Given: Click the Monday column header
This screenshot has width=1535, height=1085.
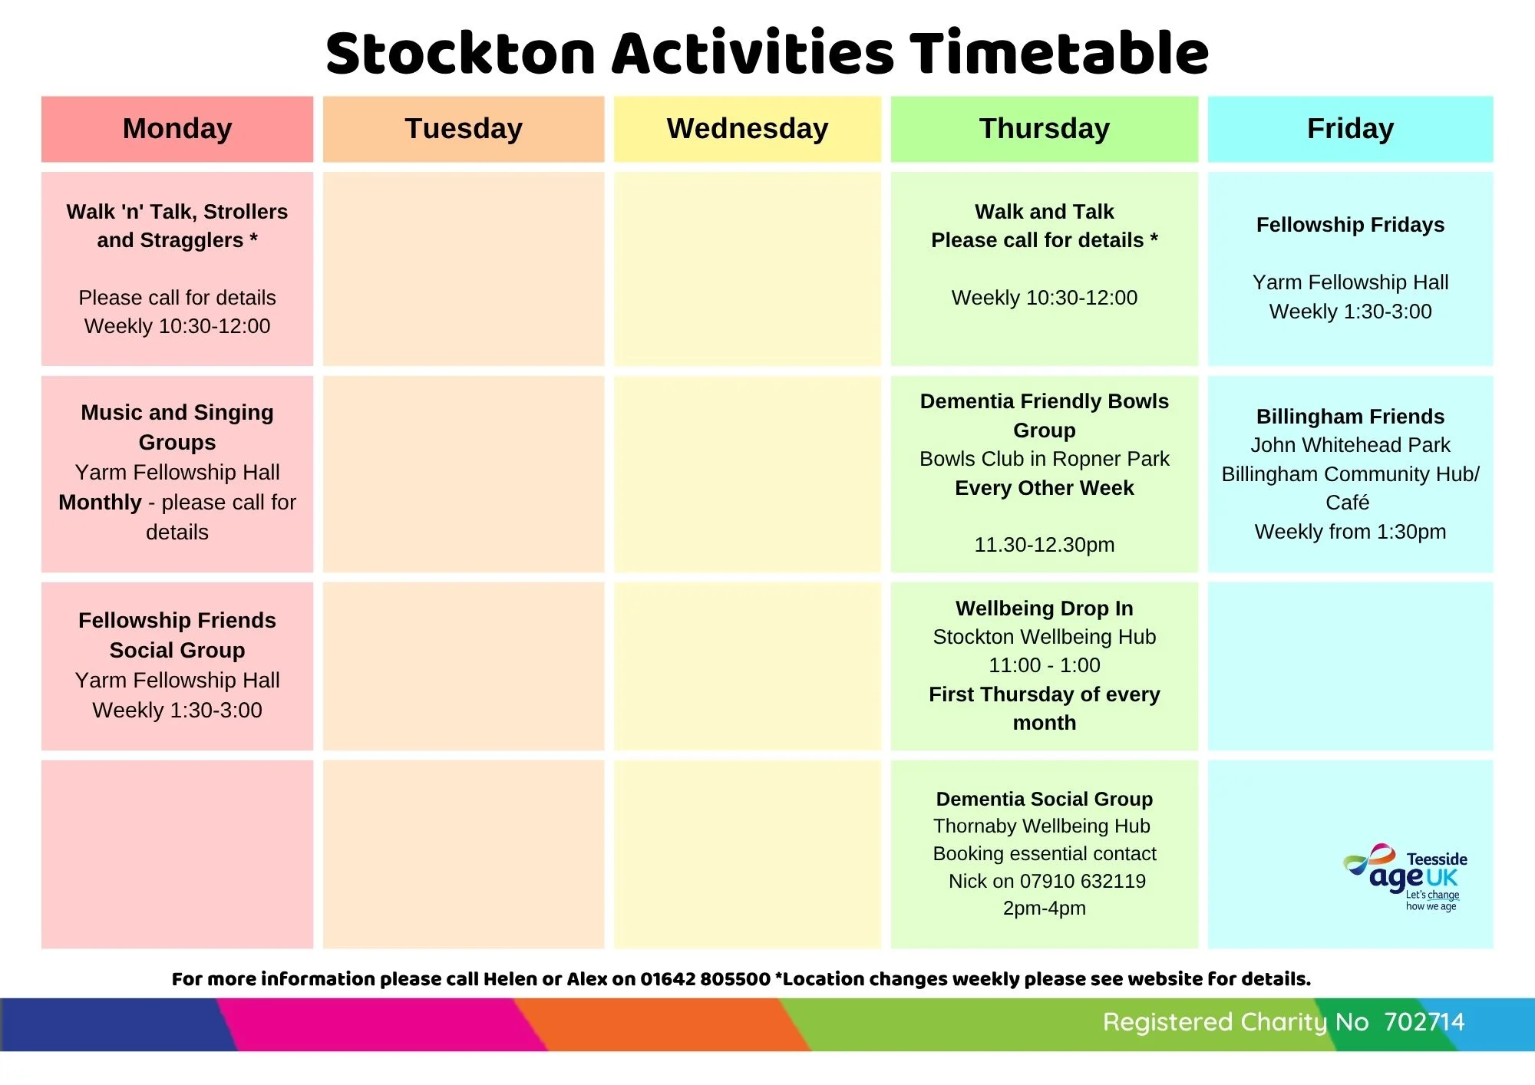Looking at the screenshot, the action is click(177, 129).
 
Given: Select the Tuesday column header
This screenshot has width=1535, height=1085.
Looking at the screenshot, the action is click(464, 129).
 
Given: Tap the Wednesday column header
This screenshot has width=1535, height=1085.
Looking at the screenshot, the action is click(748, 129).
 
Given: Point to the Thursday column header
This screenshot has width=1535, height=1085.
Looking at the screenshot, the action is click(1045, 129).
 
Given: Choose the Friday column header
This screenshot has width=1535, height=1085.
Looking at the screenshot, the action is click(1351, 129).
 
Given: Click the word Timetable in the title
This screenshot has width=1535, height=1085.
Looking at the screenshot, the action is click(1059, 53).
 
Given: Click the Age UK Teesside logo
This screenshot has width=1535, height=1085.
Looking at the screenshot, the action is click(1405, 877).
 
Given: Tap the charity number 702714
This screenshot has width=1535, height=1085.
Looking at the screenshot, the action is click(1424, 1022).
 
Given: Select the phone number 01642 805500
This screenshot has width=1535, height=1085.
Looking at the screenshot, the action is click(705, 979).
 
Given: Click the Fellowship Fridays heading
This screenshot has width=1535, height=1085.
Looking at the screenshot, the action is click(1351, 225).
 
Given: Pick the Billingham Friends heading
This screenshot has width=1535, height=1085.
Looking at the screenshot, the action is click(1351, 417).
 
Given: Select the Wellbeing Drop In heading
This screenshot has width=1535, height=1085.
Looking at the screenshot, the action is click(1045, 608).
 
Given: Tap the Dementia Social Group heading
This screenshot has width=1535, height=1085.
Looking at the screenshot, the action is click(1045, 799).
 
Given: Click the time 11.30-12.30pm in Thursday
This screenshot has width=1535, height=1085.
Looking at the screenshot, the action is click(1045, 545).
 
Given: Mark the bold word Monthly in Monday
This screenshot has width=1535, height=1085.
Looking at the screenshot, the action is click(101, 503).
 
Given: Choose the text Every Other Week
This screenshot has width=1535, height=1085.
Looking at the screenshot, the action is click(1045, 488).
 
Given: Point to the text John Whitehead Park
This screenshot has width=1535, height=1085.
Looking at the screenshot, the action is click(1351, 445).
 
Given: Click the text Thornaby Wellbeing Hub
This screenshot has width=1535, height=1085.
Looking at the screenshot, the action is click(1042, 826).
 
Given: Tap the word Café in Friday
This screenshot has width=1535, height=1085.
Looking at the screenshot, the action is click(1348, 503).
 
